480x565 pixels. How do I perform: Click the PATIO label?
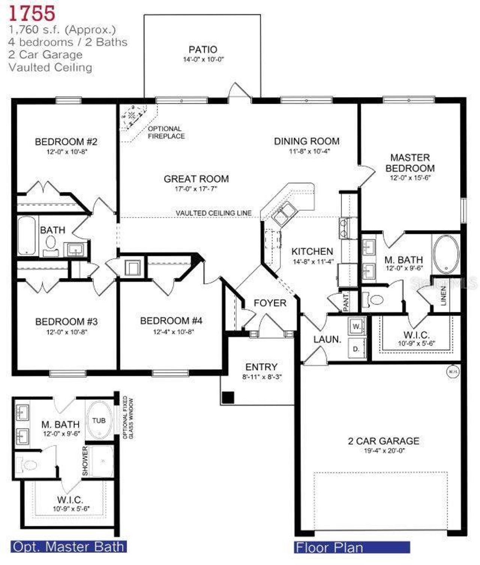click(202, 49)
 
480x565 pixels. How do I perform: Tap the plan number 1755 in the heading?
click(32, 13)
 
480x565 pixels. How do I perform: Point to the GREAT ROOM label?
click(196, 179)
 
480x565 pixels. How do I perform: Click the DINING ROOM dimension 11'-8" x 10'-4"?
click(309, 152)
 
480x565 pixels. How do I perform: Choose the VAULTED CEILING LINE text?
click(214, 213)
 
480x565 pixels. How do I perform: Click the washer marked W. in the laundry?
click(356, 326)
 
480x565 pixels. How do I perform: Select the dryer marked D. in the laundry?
click(356, 349)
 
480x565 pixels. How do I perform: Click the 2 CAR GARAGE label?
click(384, 441)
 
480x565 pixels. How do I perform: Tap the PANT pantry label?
click(346, 302)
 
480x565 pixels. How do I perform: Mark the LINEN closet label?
click(444, 296)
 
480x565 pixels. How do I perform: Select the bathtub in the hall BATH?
click(27, 236)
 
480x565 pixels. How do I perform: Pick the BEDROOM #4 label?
click(171, 321)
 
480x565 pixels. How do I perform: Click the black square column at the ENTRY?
click(228, 398)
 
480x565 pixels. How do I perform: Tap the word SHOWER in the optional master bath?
click(85, 461)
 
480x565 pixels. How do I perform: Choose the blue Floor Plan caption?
click(329, 547)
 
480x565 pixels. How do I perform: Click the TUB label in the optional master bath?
click(99, 420)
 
